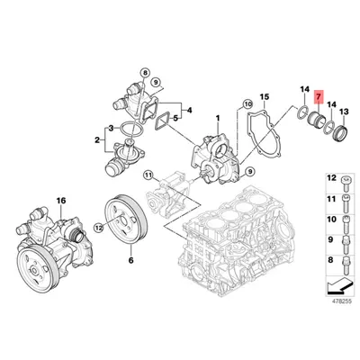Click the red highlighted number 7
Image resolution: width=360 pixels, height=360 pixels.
pos(319,95)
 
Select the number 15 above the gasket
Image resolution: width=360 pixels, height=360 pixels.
pos(264,95)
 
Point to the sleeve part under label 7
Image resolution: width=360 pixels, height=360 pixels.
pos(317,120)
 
